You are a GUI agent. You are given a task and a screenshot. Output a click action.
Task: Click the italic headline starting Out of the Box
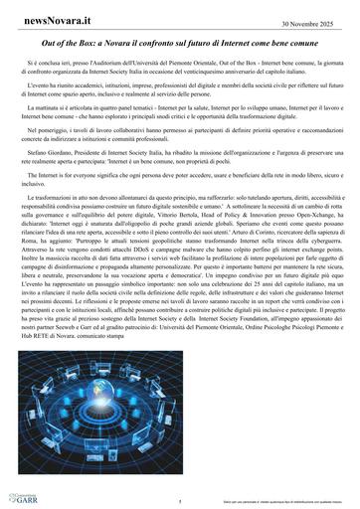pyautogui.click(x=179, y=45)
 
